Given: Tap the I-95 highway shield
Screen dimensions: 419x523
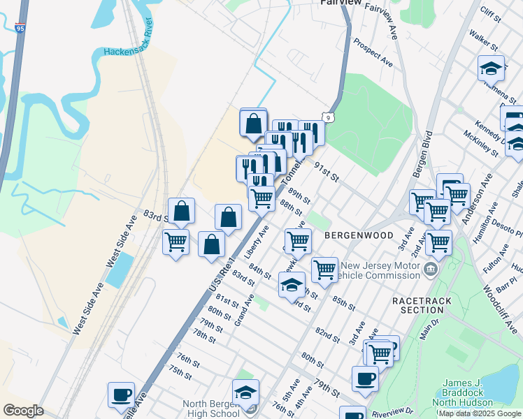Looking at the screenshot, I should pos(19,29).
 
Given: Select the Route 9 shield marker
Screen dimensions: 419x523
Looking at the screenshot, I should pos(327,117).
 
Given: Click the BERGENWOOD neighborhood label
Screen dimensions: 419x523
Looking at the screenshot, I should pos(359,236).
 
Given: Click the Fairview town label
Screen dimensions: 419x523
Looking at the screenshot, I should pos(341,3).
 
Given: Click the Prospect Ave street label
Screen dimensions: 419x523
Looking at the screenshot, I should pos(372,52).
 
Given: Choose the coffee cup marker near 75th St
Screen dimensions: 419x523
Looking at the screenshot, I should pos(121,395).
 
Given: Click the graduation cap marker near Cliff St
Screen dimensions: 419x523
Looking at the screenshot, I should pos(491,68).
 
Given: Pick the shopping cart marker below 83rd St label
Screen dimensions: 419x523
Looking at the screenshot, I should pos(175,242).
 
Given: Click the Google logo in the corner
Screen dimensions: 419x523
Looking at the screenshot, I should pos(24,411).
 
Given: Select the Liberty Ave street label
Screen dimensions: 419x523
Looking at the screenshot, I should pos(257,241).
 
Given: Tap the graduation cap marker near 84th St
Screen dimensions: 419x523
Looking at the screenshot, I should pos(292,284).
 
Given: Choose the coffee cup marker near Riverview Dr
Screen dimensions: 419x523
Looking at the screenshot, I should pos(365,379).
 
